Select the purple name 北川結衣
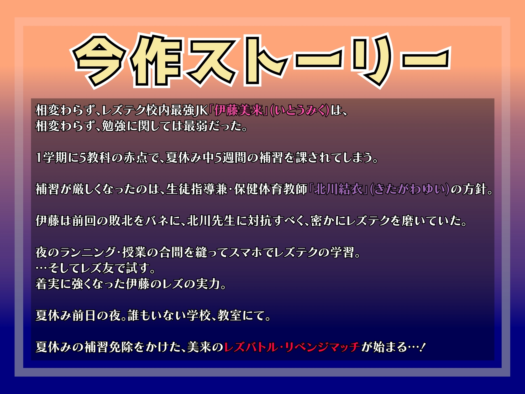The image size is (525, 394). coord(339,189)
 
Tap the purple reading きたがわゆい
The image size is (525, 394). coord(409,189)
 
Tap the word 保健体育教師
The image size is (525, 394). coord(270,189)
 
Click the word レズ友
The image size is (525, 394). coord(99,268)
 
